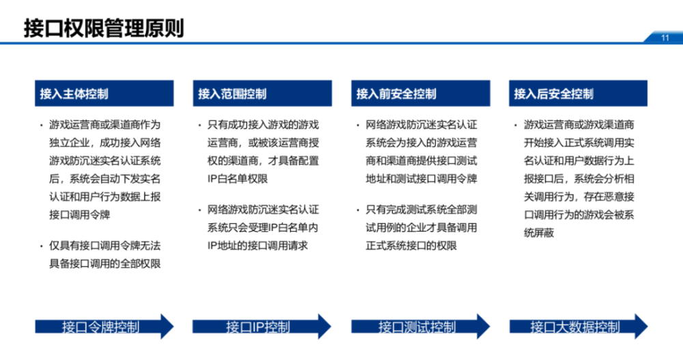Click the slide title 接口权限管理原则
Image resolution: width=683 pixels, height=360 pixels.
pos(104,28)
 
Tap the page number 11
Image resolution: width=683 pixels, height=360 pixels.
pos(665,38)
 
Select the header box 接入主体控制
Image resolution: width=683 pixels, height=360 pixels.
pos(104,94)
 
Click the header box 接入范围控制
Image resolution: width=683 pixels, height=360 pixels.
pos(262,94)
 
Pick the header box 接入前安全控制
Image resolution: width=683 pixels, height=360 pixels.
pos(421,94)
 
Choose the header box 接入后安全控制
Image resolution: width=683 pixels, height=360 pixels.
pos(578,94)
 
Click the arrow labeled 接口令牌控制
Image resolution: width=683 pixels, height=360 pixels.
pos(104,327)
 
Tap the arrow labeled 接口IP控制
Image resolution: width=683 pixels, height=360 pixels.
pos(262,327)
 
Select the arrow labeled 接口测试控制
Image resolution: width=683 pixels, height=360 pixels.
pos(421,327)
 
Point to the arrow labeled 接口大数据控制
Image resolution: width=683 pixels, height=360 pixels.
pos(579,327)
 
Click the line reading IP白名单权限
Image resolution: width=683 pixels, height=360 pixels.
pos(238,179)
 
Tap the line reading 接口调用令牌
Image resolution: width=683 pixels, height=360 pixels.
pos(80,215)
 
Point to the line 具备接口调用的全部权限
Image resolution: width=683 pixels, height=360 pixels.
pos(105,264)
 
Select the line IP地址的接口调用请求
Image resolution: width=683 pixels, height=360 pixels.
pos(257,246)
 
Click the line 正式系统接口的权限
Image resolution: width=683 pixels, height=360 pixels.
pos(411,246)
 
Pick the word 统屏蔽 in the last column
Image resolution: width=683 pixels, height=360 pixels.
pos(539,233)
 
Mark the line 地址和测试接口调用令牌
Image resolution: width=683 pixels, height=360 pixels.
pos(421,179)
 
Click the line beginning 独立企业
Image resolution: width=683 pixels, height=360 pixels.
pos(105,143)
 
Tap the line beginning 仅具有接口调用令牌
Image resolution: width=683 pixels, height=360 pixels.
pos(105,246)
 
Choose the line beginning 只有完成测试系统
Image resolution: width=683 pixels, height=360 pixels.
pos(421,210)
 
